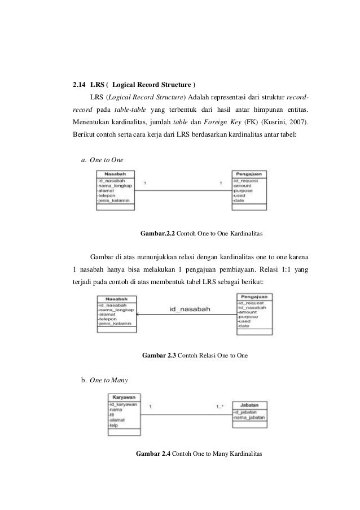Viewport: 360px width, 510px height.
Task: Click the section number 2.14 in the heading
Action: point(80,85)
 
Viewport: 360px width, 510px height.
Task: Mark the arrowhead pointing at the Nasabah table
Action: point(139,313)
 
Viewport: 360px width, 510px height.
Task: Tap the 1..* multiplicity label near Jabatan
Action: point(220,406)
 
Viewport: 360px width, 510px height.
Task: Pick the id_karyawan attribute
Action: point(122,405)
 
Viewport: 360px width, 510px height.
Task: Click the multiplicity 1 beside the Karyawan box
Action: point(150,406)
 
